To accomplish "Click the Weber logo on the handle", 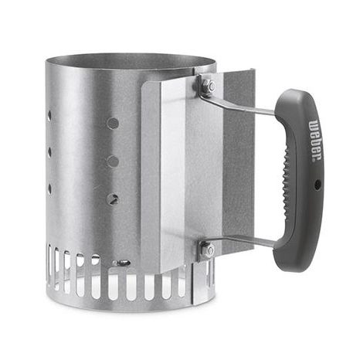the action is click(316, 141).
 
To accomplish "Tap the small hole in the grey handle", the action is click(318, 185).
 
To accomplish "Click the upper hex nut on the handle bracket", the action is click(208, 85).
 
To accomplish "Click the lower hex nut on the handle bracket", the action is click(208, 250).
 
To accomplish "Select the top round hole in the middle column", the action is click(113, 124).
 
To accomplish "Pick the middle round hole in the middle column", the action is click(113, 161).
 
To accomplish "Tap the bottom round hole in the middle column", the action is click(113, 199).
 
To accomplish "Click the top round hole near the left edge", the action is click(49, 116).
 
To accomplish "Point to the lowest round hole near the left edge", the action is click(49, 189).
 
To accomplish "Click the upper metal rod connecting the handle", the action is click(238, 104).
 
